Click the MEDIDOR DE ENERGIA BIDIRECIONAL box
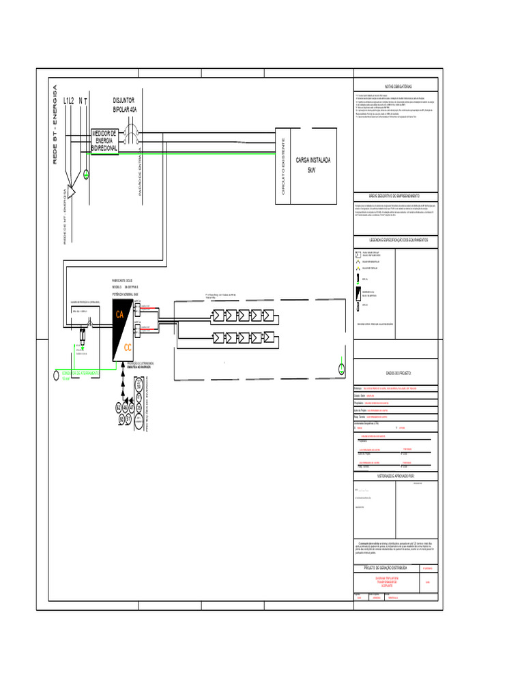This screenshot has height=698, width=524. pos(104,140)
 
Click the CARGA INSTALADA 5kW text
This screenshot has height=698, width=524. pos(313,164)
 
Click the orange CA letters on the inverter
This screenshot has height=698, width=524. pos(119,315)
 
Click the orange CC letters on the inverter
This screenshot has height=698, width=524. pos(128,348)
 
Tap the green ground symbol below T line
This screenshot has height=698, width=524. pos(87,176)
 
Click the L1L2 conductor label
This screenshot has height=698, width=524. pos(68,101)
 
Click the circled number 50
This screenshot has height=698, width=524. pos(121,419)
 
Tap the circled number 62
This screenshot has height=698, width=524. pos(119,407)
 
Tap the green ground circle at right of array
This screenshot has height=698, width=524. pos(342,369)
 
